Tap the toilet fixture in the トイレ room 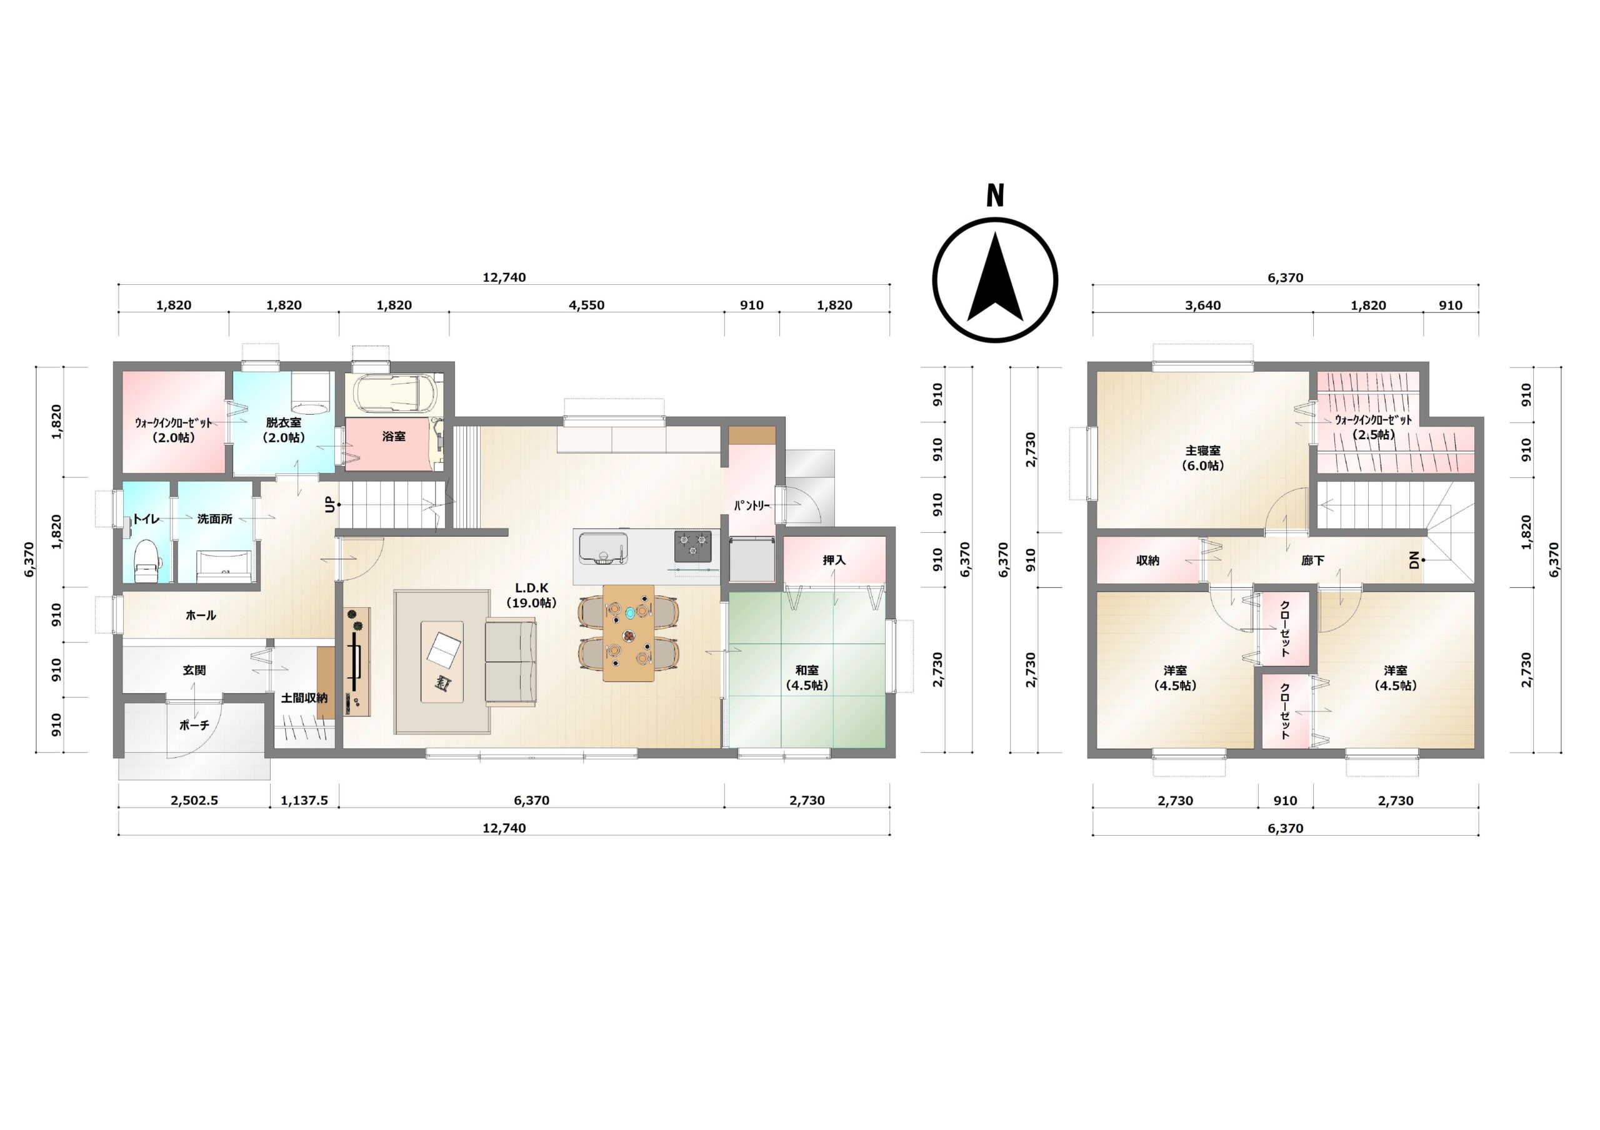tap(146, 560)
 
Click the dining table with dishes tap(629, 633)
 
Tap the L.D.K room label tap(532, 588)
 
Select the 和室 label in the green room tap(807, 670)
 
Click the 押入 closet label tap(834, 560)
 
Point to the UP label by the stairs tap(331, 504)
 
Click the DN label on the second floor tap(1414, 560)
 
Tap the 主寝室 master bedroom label tap(1202, 451)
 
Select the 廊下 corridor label tap(1313, 560)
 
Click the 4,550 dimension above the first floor tap(587, 305)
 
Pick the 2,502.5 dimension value tap(194, 800)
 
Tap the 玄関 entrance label tap(194, 670)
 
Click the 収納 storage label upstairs tap(1147, 560)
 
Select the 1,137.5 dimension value tap(304, 800)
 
